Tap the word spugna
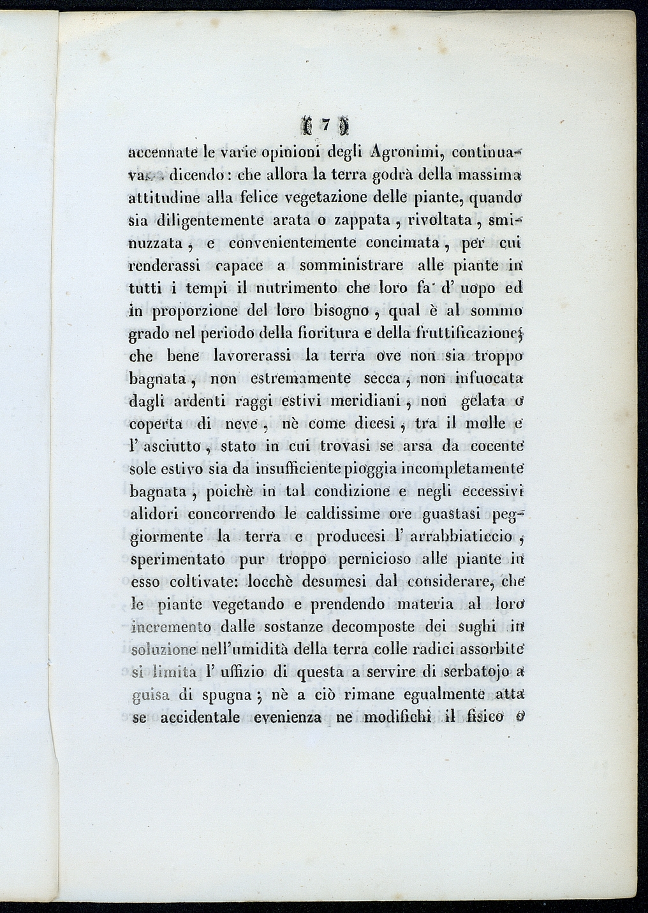pyautogui.click(x=220, y=695)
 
